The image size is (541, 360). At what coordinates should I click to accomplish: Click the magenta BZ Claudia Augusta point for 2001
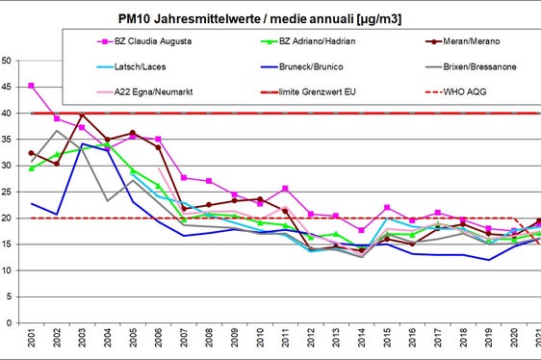[32, 86]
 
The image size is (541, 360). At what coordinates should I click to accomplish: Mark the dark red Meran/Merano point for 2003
[83, 116]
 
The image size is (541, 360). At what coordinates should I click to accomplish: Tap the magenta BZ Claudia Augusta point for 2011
[285, 189]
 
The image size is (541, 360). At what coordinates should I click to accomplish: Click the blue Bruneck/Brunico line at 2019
[488, 260]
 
